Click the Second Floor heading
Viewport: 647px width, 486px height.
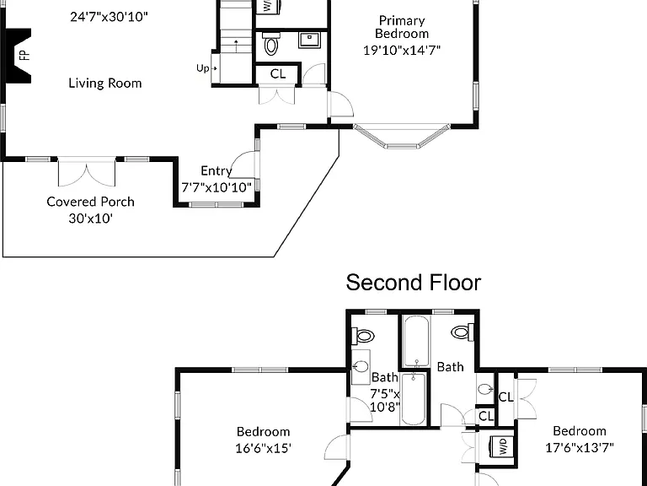pyautogui.click(x=414, y=283)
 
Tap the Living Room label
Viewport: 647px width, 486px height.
pyautogui.click(x=104, y=83)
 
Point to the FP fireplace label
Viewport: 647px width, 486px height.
pyautogui.click(x=25, y=55)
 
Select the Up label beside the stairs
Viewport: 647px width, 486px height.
pyautogui.click(x=202, y=67)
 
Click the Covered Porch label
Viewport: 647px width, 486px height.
pyautogui.click(x=90, y=202)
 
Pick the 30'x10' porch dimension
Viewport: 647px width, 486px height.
pyautogui.click(x=90, y=218)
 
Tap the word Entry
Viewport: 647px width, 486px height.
pyautogui.click(x=217, y=171)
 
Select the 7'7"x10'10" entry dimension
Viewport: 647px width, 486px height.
pyautogui.click(x=217, y=187)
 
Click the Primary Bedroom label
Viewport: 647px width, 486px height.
pyautogui.click(x=402, y=27)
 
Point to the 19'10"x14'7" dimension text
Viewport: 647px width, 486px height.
pyautogui.click(x=402, y=50)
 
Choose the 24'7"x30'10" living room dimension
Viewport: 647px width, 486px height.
pyautogui.click(x=109, y=17)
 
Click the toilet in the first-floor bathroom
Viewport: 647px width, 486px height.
pyautogui.click(x=271, y=43)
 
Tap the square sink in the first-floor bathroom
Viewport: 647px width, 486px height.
pyautogui.click(x=310, y=40)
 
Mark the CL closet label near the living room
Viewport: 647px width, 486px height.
pyautogui.click(x=278, y=74)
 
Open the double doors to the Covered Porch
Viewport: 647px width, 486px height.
pyautogui.click(x=87, y=172)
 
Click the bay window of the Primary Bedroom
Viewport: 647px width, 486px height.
pyautogui.click(x=402, y=137)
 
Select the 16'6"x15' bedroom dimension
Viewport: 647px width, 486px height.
pyautogui.click(x=263, y=448)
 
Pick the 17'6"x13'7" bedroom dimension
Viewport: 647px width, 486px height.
pyautogui.click(x=580, y=447)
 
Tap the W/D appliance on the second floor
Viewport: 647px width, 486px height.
pyautogui.click(x=501, y=446)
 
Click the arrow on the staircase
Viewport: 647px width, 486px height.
pyautogui.click(x=236, y=46)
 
